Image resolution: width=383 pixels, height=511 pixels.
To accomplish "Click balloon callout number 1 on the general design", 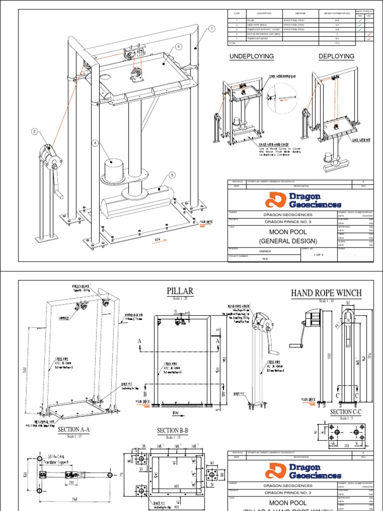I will tap(211, 29).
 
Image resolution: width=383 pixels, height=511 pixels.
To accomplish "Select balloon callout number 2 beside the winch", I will tap(34, 131).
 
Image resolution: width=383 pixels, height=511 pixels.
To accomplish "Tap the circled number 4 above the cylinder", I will tap(94, 143).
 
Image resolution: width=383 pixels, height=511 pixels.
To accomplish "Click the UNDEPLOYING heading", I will tap(251, 56).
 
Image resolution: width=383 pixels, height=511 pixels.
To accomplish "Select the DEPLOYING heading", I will tap(336, 56).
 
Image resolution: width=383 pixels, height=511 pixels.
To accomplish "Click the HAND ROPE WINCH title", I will tap(326, 293).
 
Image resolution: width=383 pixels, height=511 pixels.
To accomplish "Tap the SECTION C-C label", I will tap(345, 412).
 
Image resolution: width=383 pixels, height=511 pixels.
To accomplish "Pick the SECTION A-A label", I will tap(73, 429).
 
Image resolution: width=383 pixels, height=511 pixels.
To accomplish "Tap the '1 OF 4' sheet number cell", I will tap(318, 255).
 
